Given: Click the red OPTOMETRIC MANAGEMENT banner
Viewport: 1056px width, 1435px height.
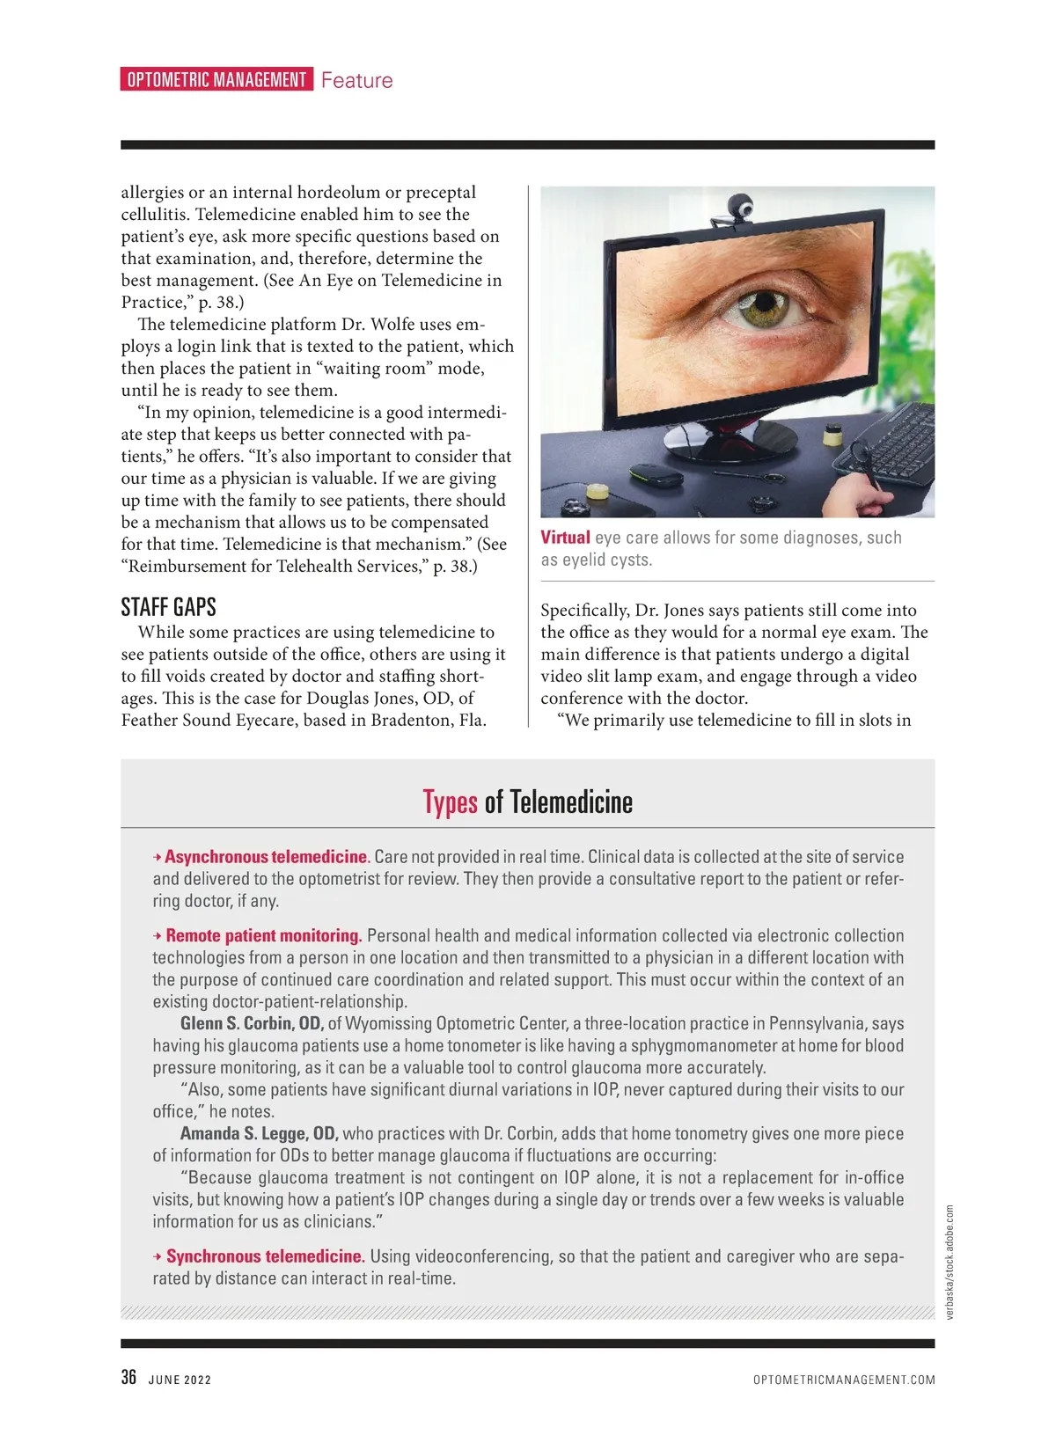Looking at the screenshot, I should (216, 80).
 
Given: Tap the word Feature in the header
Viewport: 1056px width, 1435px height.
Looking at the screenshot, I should (356, 81).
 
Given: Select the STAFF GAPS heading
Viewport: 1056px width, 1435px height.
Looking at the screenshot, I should (168, 607).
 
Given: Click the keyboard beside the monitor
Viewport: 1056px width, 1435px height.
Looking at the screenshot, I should (884, 446).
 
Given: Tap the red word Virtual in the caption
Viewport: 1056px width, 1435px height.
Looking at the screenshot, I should (565, 538).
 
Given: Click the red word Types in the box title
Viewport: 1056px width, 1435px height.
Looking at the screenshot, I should (450, 802).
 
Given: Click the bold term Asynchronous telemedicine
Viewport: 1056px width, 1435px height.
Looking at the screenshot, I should (266, 857).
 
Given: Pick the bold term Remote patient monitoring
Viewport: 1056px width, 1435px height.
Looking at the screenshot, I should (264, 936).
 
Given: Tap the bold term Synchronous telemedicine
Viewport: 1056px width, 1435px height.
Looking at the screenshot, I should (265, 1256).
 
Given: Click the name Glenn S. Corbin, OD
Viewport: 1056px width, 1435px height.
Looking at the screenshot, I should (252, 1024).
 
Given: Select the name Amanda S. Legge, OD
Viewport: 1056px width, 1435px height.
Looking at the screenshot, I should (259, 1134).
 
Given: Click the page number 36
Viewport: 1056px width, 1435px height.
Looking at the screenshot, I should (128, 1378).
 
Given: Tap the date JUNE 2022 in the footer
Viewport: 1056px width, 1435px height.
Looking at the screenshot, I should (180, 1380).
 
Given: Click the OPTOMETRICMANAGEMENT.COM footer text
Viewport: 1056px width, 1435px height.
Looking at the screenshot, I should (844, 1380).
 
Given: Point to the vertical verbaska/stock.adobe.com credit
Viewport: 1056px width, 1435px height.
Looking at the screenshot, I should (950, 1262).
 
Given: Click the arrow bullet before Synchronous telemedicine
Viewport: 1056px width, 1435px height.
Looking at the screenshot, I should (158, 1256).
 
